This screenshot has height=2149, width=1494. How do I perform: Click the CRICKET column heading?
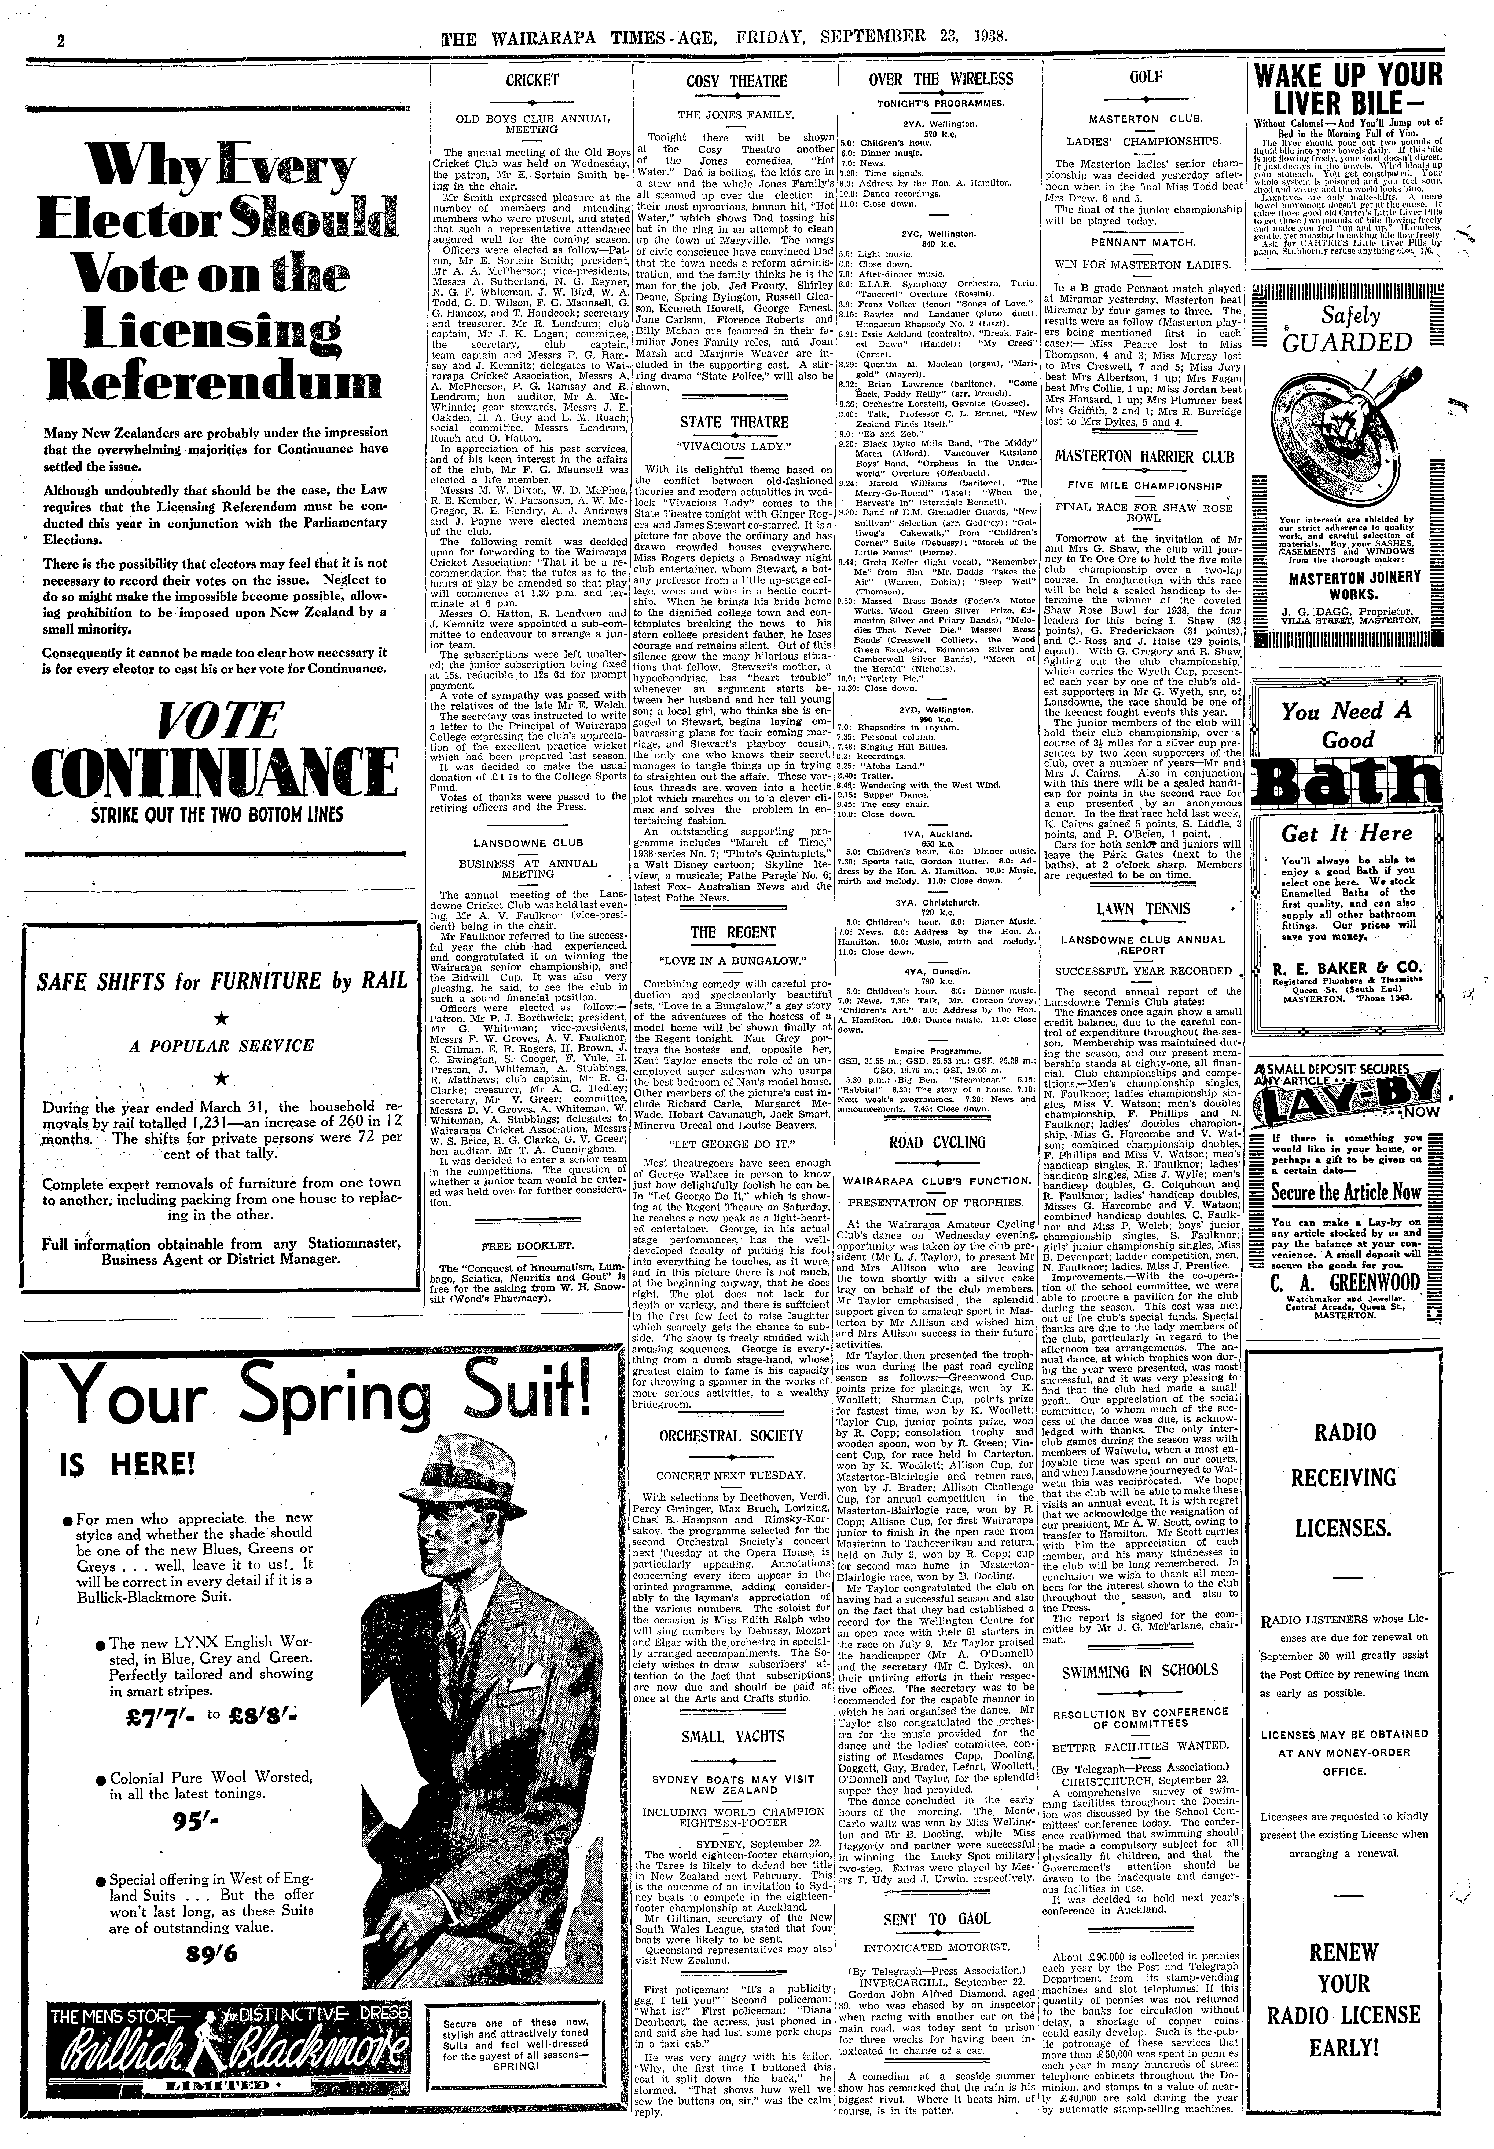[531, 81]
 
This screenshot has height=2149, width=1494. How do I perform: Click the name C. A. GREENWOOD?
[1344, 1281]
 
